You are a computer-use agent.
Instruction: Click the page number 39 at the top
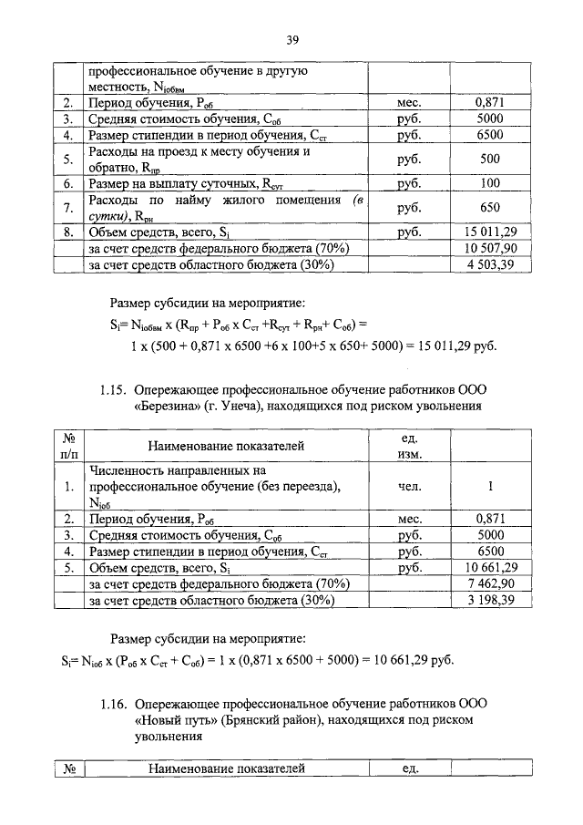pyautogui.click(x=292, y=39)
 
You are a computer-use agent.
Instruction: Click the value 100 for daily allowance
pyautogui.click(x=490, y=183)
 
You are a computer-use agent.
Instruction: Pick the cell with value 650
pyautogui.click(x=490, y=207)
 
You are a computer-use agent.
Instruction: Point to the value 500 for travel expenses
pyautogui.click(x=490, y=160)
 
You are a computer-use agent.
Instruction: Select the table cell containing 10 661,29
pyautogui.click(x=490, y=567)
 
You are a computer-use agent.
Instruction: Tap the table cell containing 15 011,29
pyautogui.click(x=490, y=232)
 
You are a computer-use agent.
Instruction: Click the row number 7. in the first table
pyautogui.click(x=67, y=207)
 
